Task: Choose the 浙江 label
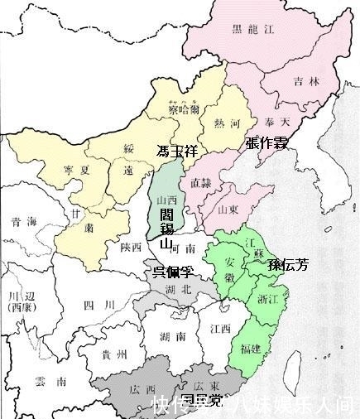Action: (x=268, y=299)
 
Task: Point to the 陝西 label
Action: (x=130, y=247)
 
